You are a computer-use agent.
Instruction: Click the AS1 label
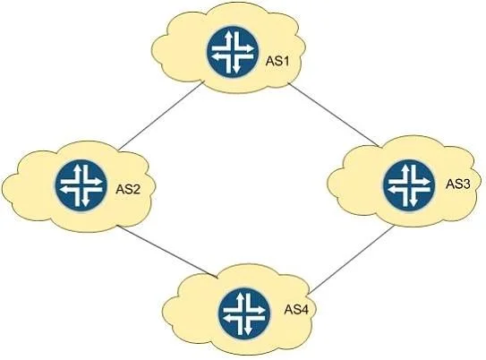pos(277,61)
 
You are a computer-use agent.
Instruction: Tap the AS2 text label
pos(128,189)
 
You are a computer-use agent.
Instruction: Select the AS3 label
pos(458,184)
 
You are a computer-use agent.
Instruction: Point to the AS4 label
pos(296,310)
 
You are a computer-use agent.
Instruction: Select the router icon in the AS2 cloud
pos(81,185)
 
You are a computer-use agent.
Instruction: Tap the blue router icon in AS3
pos(409,185)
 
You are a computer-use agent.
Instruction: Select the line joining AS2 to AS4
pos(167,252)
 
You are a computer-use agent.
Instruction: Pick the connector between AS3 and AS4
pos(352,259)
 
